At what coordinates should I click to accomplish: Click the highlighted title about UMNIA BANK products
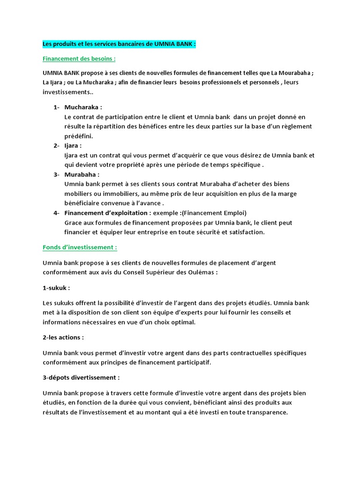click(x=119, y=44)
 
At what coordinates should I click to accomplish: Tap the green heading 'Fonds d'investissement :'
click(x=80, y=247)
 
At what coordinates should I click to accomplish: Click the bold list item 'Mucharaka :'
click(x=83, y=107)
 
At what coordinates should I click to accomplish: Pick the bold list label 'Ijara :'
click(x=73, y=145)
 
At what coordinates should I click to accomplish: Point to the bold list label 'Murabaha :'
click(x=82, y=174)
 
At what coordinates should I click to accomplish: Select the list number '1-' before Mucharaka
click(x=56, y=107)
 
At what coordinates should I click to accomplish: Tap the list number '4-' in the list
click(x=56, y=213)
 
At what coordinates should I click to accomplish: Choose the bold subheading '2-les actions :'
click(x=63, y=337)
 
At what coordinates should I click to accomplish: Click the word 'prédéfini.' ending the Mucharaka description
click(x=79, y=136)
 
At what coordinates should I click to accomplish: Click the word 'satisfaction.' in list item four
click(x=246, y=232)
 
